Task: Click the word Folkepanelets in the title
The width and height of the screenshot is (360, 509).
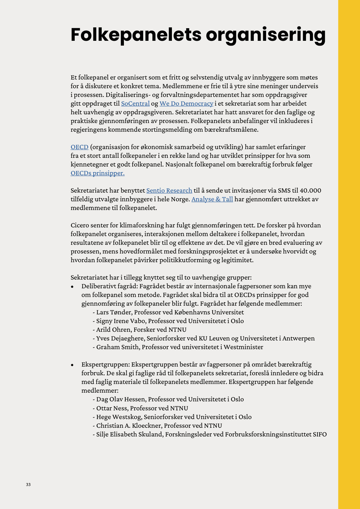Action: point(136,35)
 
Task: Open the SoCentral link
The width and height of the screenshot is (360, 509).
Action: point(135,103)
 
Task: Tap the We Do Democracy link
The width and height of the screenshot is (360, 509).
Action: point(186,103)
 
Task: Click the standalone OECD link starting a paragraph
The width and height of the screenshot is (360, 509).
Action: point(79,147)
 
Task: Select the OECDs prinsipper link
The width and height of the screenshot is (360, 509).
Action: point(97,173)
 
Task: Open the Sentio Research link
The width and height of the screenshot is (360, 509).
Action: point(169,190)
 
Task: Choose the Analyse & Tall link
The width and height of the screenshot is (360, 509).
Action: point(212,199)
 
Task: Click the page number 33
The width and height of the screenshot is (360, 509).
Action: point(28,484)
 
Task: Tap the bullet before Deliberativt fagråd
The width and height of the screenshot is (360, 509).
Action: point(72,287)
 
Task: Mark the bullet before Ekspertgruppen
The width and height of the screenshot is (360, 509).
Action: point(72,365)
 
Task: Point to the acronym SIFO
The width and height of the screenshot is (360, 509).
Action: point(319,434)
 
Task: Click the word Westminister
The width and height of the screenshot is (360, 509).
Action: point(243,347)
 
